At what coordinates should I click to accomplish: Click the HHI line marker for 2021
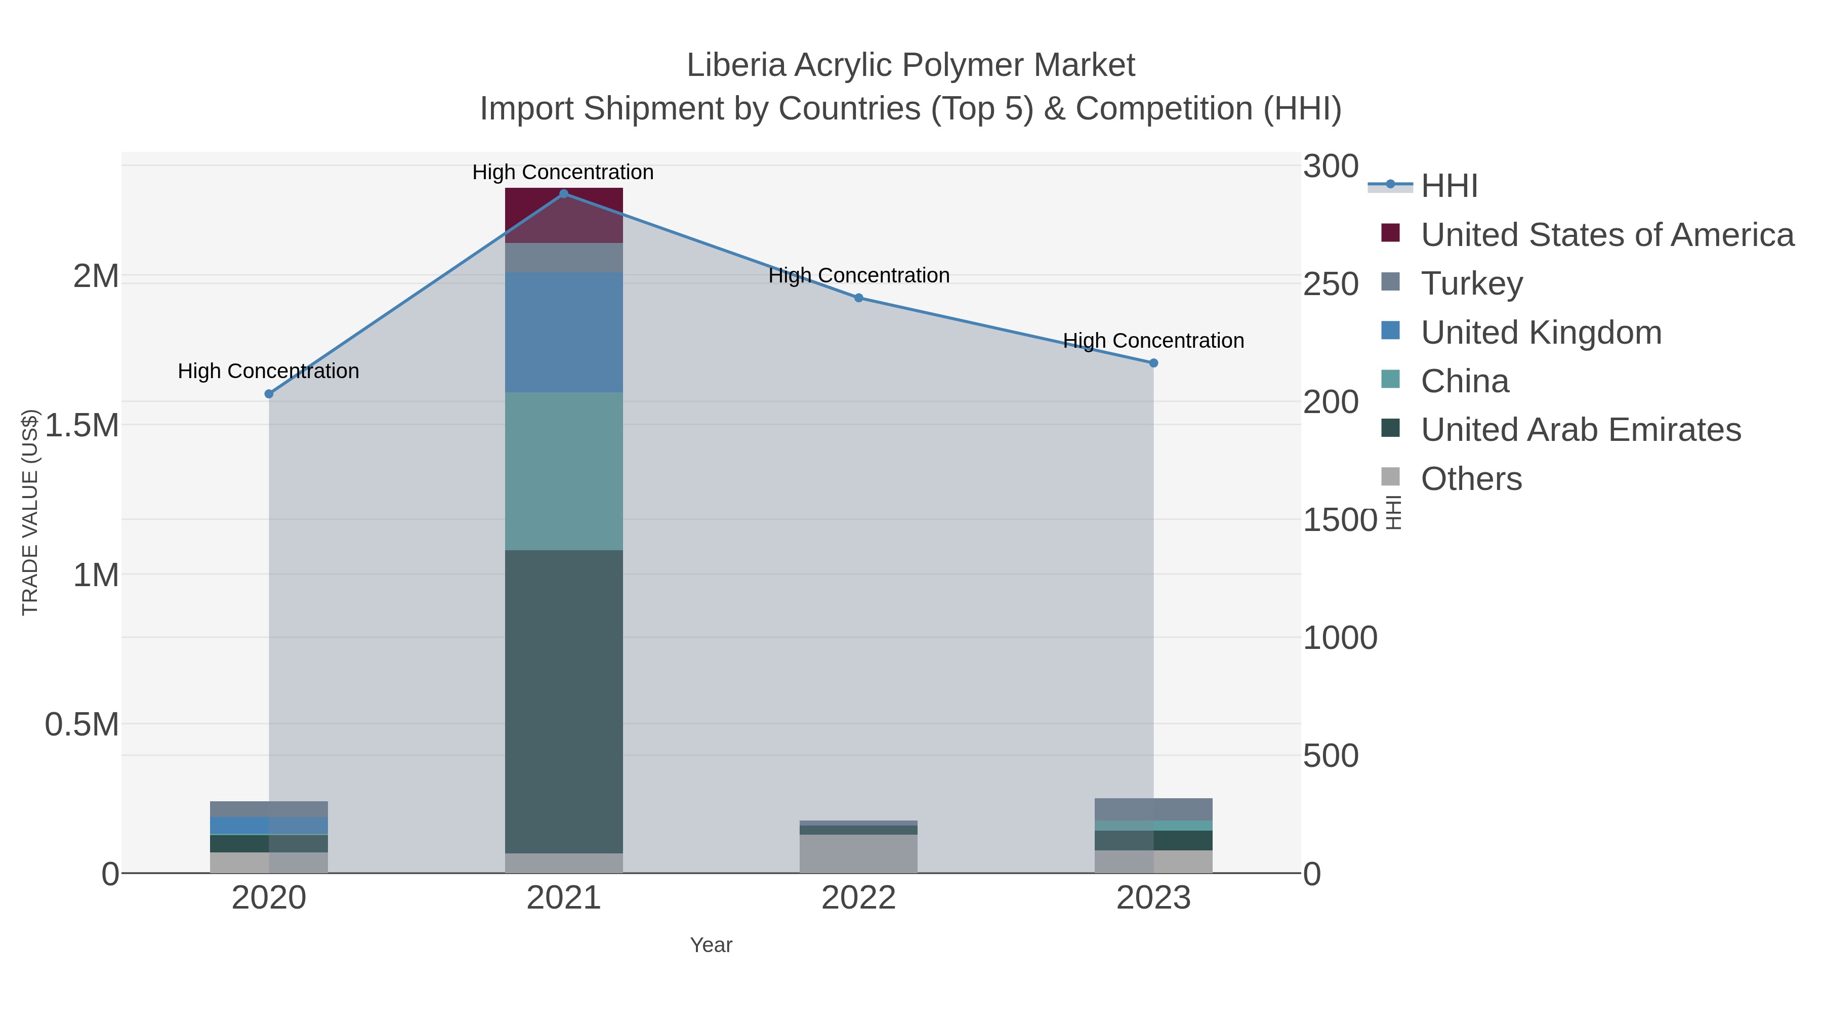point(564,194)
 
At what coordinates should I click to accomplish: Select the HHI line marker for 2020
point(269,394)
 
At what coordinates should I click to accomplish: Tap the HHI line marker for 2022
point(859,298)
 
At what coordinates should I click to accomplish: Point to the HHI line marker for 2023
point(1153,363)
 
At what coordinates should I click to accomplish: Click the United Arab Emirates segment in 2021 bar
point(564,701)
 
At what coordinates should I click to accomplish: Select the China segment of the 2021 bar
point(564,470)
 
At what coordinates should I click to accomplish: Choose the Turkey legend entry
point(1471,283)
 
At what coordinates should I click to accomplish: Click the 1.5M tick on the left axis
point(82,426)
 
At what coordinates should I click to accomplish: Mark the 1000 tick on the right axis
point(1340,638)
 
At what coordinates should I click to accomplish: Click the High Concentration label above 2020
point(269,372)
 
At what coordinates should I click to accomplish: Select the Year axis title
point(711,945)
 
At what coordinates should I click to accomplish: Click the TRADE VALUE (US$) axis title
point(30,512)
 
